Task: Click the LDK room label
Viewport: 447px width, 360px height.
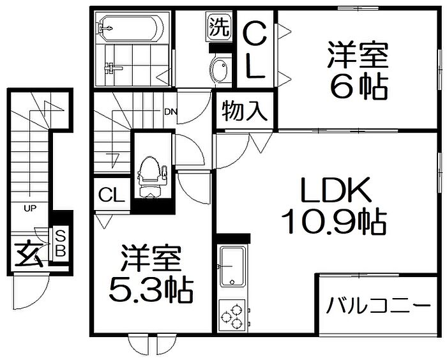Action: [336, 190]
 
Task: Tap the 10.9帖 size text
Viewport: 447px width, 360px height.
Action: [334, 221]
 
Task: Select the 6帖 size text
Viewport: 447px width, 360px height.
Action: [359, 87]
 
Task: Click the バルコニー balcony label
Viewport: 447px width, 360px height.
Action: [378, 306]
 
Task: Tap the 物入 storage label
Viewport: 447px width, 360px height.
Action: [245, 111]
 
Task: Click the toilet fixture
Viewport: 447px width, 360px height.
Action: [151, 177]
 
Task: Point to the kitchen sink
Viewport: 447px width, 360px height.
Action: [232, 267]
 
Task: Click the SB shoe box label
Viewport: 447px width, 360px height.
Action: [60, 244]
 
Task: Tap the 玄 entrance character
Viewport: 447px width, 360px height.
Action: [29, 253]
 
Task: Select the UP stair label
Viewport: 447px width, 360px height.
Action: [30, 209]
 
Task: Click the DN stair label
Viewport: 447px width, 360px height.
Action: [170, 112]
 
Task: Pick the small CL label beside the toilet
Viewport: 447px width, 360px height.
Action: [112, 195]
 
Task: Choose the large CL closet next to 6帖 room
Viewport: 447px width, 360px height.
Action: [255, 49]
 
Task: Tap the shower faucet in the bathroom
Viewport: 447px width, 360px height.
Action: [112, 68]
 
